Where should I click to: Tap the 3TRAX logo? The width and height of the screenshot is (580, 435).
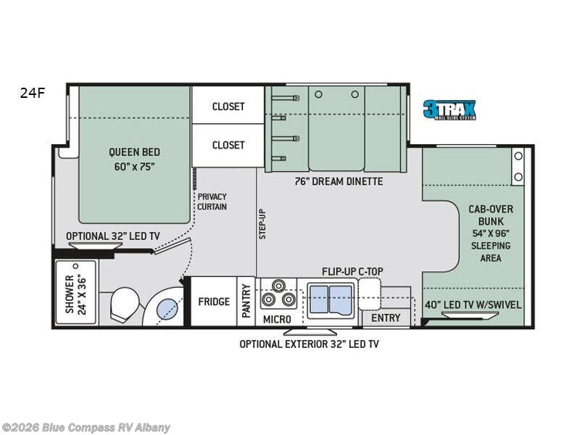pyautogui.click(x=449, y=109)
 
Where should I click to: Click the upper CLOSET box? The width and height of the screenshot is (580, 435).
pyautogui.click(x=228, y=106)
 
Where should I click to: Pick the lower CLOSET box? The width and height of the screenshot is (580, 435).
pyautogui.click(x=228, y=145)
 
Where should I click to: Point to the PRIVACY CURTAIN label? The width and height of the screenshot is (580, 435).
pyautogui.click(x=212, y=202)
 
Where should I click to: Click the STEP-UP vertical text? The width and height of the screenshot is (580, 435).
pyautogui.click(x=263, y=223)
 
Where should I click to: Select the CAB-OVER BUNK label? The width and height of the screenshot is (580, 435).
pyautogui.click(x=490, y=233)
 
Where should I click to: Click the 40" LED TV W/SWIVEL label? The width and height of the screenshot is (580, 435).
pyautogui.click(x=473, y=304)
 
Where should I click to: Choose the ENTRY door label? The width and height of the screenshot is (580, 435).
pyautogui.click(x=386, y=318)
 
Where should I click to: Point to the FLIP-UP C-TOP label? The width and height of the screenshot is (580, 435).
pyautogui.click(x=352, y=271)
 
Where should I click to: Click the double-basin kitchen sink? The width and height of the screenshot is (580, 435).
pyautogui.click(x=331, y=299)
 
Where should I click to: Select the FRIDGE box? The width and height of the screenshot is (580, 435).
pyautogui.click(x=214, y=302)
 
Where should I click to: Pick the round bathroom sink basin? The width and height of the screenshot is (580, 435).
pyautogui.click(x=168, y=309)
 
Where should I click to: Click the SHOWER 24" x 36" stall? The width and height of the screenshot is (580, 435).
pyautogui.click(x=76, y=294)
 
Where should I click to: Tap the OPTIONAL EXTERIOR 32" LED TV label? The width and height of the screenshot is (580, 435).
pyautogui.click(x=309, y=344)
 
